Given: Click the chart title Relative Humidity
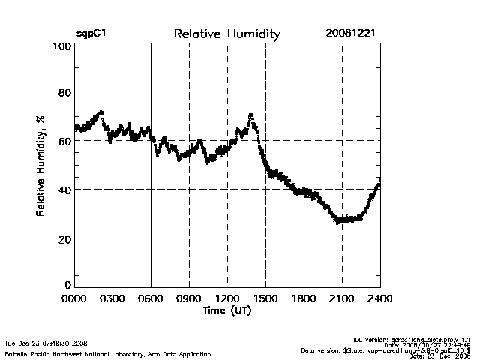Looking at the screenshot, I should [x=226, y=34].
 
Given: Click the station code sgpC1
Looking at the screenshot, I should [x=91, y=34].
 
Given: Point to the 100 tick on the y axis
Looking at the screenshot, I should [x=62, y=46].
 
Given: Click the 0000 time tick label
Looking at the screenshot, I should [x=74, y=299].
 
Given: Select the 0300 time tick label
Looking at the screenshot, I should [x=112, y=299].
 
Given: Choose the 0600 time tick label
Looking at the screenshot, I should [x=151, y=299].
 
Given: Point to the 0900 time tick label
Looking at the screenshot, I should [x=189, y=299].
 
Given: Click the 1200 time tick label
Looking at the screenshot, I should [x=227, y=299].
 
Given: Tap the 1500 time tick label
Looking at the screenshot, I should [x=265, y=299].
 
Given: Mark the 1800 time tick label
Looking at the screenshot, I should [x=304, y=299].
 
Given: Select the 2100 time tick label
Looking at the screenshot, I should [x=342, y=299].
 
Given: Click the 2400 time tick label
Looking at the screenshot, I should [x=380, y=299].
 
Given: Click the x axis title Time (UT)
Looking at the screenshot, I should [x=226, y=310].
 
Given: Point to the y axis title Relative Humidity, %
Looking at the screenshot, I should [x=40, y=166].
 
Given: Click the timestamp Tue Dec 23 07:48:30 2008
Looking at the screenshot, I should [x=46, y=343].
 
